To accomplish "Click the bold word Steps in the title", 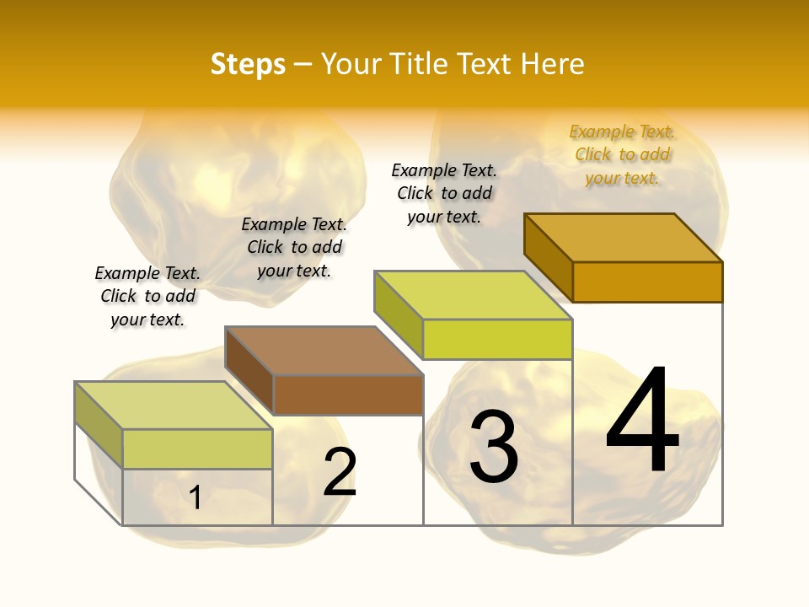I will (x=248, y=64).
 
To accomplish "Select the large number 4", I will (x=642, y=421).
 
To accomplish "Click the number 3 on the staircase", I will (x=494, y=448).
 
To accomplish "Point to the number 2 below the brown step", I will (x=340, y=472).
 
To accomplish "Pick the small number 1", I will (x=196, y=497).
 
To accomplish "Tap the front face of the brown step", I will (x=348, y=395).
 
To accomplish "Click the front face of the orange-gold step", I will (x=647, y=282).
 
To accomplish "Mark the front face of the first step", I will (x=197, y=449).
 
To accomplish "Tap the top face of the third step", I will (x=473, y=295).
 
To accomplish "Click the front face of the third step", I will (x=497, y=339).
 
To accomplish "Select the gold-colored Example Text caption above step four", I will (x=622, y=154).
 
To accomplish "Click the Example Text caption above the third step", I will (x=444, y=193).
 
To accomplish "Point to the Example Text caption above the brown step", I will (x=294, y=247).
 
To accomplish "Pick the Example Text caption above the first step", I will (x=147, y=296).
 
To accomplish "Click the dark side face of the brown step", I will (x=249, y=369).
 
